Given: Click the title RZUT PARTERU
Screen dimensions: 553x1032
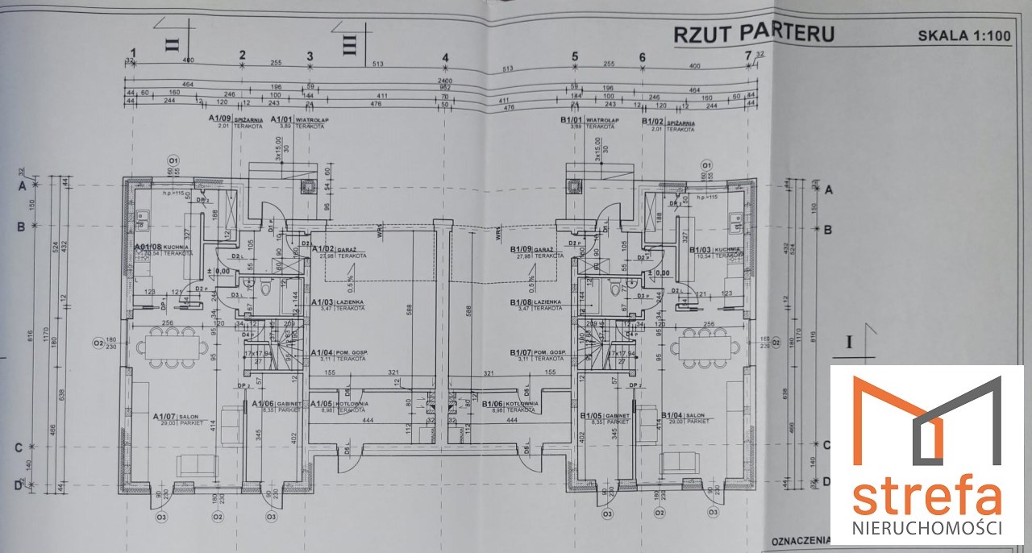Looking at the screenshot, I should (755, 33).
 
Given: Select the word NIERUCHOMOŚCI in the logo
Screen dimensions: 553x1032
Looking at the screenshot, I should (926, 529).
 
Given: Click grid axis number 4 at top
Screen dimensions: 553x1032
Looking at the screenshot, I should (444, 58).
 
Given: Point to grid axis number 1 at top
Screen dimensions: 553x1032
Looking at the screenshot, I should (134, 54).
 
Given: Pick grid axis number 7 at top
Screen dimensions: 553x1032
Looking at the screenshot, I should (748, 56).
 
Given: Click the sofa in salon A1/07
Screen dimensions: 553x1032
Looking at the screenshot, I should (197, 464).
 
